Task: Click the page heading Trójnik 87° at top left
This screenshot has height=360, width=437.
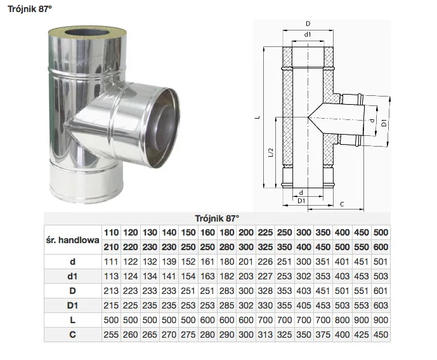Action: click(30, 9)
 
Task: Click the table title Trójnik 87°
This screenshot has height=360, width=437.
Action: click(217, 218)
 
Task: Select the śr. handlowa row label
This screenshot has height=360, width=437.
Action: click(73, 240)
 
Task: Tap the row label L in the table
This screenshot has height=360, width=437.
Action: click(72, 320)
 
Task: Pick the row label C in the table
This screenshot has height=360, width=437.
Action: click(72, 335)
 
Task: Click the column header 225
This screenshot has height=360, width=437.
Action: click(265, 232)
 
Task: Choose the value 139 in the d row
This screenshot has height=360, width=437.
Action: click(169, 262)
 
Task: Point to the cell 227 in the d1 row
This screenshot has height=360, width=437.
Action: click(265, 276)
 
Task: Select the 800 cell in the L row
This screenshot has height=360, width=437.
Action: click(342, 320)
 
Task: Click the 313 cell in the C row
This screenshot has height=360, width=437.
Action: click(265, 335)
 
